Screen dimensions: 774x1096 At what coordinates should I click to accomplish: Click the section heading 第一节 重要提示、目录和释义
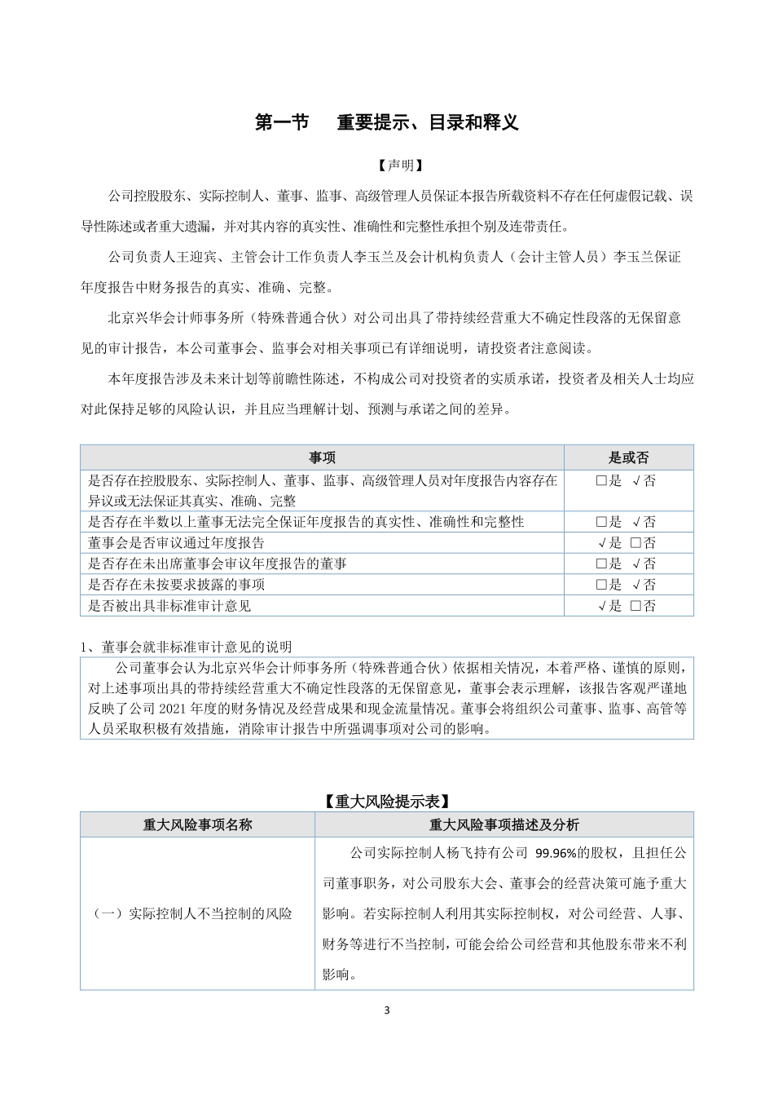[386, 122]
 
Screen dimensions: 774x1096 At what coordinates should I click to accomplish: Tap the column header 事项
[322, 457]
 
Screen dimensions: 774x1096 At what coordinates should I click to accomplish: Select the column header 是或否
[628, 457]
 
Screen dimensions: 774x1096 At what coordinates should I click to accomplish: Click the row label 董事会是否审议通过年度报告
[176, 543]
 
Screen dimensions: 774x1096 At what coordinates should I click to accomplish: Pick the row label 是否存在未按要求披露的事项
[176, 585]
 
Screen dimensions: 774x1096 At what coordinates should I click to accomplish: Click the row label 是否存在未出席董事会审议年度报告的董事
[218, 563]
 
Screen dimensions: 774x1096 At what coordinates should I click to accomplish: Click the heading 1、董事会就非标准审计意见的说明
[186, 647]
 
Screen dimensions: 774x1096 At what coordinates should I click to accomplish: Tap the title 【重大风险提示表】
[386, 802]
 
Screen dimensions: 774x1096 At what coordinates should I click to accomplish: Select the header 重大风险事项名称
[198, 824]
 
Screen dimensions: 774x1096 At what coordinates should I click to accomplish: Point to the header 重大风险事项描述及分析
[504, 824]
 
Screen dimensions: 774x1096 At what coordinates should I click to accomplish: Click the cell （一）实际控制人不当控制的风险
[193, 914]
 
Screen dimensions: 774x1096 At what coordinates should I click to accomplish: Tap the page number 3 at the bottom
[387, 1011]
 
